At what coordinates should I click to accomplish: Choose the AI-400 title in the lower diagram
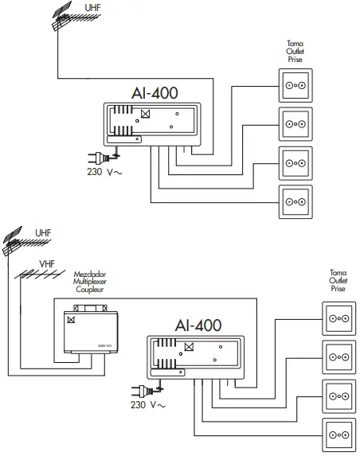point(198,325)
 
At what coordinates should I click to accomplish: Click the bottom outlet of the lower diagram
point(335,435)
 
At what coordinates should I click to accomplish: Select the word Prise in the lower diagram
point(338,289)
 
